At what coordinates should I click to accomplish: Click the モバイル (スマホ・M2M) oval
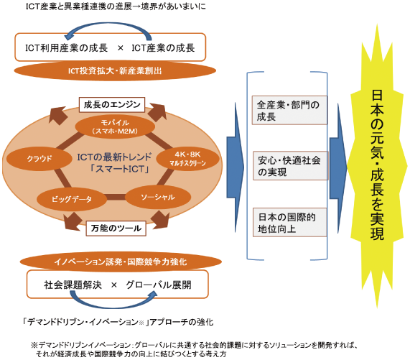pyautogui.click(x=115, y=126)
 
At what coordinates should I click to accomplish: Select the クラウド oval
pyautogui.click(x=39, y=159)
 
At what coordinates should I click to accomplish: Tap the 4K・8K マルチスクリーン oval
pyautogui.click(x=187, y=159)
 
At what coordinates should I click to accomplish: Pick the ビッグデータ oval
pyautogui.click(x=72, y=199)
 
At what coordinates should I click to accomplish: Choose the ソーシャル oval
pyautogui.click(x=158, y=197)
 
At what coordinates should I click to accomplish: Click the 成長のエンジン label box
pyautogui.click(x=112, y=105)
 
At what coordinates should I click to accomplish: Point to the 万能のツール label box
pyautogui.click(x=116, y=229)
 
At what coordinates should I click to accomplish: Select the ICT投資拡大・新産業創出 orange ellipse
pyautogui.click(x=115, y=70)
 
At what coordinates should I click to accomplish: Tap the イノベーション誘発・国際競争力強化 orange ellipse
pyautogui.click(x=121, y=262)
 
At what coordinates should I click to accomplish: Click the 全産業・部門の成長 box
pyautogui.click(x=289, y=110)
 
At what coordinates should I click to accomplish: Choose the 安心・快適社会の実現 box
pyautogui.click(x=290, y=165)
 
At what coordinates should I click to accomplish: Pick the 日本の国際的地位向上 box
pyautogui.click(x=290, y=222)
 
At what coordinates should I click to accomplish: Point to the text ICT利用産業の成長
pyautogui.click(x=66, y=48)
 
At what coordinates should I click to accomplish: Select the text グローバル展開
pyautogui.click(x=159, y=285)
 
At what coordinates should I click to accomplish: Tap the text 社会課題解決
pyautogui.click(x=73, y=285)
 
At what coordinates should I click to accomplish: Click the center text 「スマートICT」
pyautogui.click(x=119, y=169)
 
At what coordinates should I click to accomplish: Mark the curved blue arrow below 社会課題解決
pyautogui.click(x=113, y=305)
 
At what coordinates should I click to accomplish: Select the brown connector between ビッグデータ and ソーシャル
pyautogui.click(x=116, y=197)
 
